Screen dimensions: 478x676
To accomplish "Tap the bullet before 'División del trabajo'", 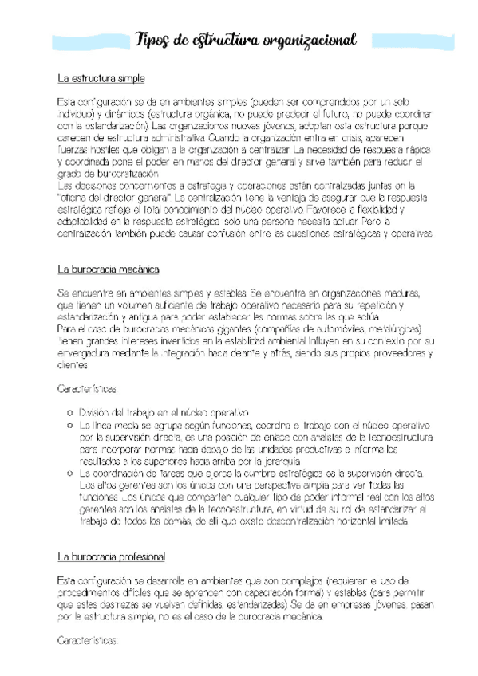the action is tap(69, 412).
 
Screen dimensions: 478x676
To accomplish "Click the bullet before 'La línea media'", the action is tap(69, 426).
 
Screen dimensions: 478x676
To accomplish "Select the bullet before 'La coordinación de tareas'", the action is tap(69, 474).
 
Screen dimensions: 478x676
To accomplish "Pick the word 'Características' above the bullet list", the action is tap(88, 391).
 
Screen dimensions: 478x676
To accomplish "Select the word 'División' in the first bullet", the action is tap(97, 413).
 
